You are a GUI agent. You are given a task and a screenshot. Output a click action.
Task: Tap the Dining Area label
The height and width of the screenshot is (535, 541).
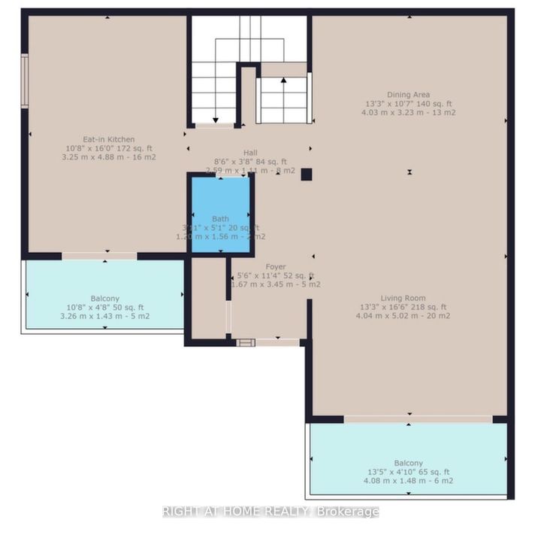coord(409,95)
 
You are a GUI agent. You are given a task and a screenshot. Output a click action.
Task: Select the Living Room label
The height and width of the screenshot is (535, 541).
coord(409,297)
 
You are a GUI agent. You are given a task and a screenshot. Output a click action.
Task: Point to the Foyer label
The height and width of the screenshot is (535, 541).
coord(274,266)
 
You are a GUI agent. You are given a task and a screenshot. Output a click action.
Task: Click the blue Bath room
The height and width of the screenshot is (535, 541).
coord(220,214)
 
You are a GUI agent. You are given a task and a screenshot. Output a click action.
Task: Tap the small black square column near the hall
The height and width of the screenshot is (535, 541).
coord(306,174)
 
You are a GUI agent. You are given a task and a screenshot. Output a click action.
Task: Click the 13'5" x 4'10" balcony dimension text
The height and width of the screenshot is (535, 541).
coord(408,472)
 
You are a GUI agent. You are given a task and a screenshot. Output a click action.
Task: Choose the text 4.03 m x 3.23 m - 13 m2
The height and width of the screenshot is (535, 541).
coord(408,113)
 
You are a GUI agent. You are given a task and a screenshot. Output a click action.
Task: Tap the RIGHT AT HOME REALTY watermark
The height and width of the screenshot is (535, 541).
coord(270,512)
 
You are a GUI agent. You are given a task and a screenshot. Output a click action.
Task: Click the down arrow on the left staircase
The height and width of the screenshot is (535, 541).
coord(216,119)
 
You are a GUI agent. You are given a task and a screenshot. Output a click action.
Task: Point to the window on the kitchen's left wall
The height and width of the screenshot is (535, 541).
coord(25,81)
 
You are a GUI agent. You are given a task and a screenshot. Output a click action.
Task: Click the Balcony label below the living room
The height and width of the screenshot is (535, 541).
coord(408,463)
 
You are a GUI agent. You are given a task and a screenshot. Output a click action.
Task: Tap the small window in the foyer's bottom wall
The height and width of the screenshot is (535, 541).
coord(245,343)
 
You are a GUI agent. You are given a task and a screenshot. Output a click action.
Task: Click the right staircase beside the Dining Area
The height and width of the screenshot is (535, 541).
coord(283,99)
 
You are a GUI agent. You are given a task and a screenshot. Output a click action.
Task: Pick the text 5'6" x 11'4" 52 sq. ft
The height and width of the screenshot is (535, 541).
coord(275,275)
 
